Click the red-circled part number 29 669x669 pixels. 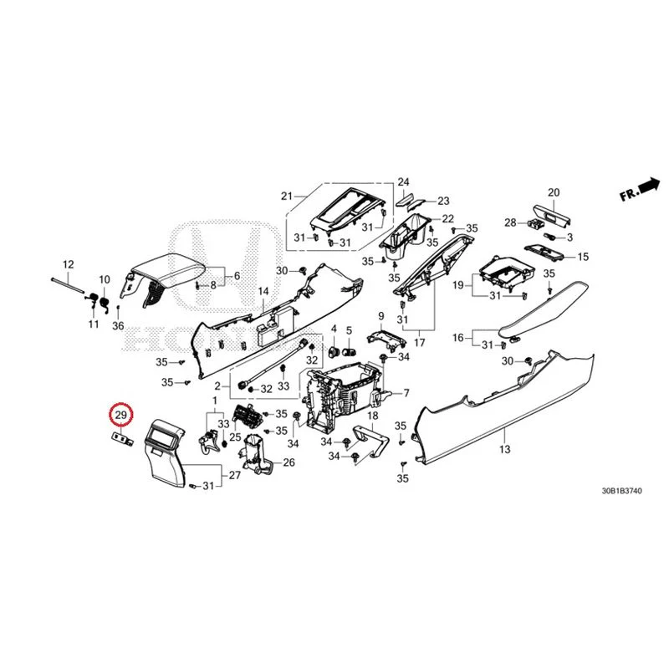click(x=121, y=414)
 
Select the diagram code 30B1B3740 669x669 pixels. click(x=621, y=491)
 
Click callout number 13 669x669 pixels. click(x=505, y=449)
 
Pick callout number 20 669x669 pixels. click(x=554, y=192)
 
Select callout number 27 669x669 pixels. click(x=235, y=475)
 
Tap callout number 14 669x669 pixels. click(x=263, y=291)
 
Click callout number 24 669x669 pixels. click(x=403, y=182)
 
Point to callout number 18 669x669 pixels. click(x=372, y=416)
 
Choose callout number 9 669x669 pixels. click(x=380, y=316)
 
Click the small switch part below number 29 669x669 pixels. click(x=122, y=438)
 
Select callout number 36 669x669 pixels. click(x=118, y=326)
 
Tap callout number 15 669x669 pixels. click(x=583, y=257)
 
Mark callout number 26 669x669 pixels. click(x=289, y=462)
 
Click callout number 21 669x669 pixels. click(x=287, y=197)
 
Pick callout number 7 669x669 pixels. click(x=406, y=393)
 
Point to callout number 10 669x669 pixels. click(x=105, y=280)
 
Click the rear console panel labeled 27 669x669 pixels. click(x=164, y=453)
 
